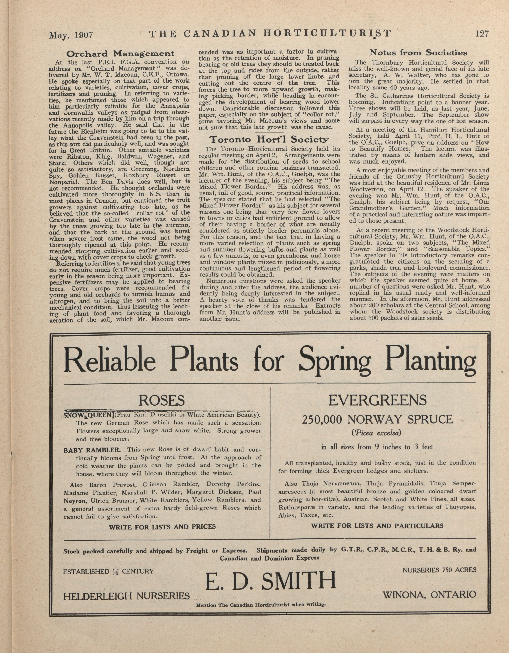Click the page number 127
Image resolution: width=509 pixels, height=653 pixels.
pyautogui.click(x=481, y=34)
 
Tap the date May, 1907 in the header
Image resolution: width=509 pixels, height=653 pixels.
pyautogui.click(x=71, y=35)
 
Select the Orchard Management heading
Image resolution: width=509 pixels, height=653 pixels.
pyautogui.click(x=120, y=54)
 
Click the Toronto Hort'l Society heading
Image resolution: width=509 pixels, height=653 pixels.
pyautogui.click(x=269, y=140)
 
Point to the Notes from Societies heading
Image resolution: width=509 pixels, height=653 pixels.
pyautogui.click(x=418, y=53)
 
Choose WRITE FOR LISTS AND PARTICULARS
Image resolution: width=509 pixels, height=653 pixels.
pyautogui.click(x=377, y=526)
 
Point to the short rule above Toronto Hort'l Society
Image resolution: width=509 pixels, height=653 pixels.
pyautogui.click(x=269, y=132)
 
